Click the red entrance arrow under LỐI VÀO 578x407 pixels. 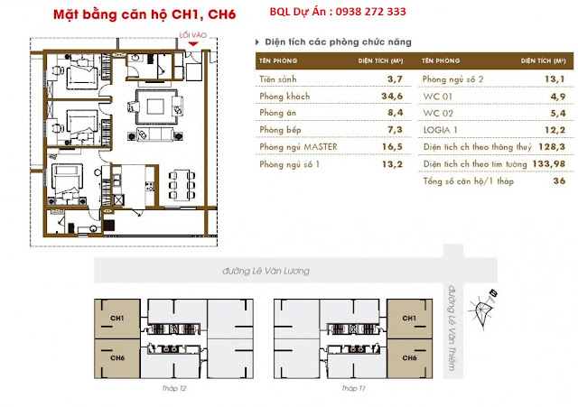(193, 44)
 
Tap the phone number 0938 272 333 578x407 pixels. (371, 12)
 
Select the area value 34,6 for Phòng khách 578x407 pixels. (392, 97)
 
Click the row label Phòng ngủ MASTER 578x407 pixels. (298, 146)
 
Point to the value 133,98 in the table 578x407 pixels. (548, 163)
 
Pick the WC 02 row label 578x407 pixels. (438, 113)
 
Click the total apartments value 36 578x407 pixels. (559, 180)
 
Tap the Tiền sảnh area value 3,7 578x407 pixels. (395, 79)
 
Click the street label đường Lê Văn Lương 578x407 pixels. (266, 271)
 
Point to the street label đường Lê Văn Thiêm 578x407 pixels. (452, 328)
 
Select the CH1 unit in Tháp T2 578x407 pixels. (117, 319)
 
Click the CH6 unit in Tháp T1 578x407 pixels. (409, 358)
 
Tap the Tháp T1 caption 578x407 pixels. (353, 388)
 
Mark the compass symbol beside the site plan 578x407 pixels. (483, 309)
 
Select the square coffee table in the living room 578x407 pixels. (155, 106)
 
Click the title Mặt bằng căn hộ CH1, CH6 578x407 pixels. (144, 14)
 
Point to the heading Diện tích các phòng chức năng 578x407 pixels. (338, 42)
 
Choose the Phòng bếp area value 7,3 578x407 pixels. (395, 130)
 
